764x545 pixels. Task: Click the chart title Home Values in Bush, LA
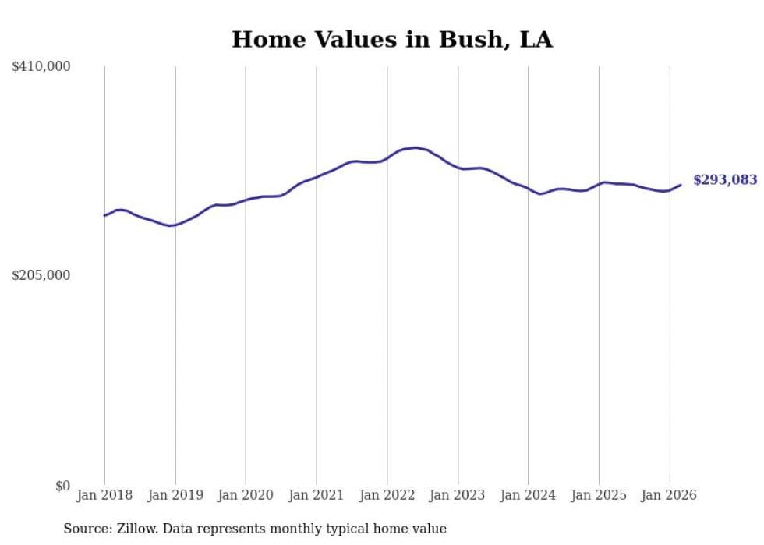(x=392, y=40)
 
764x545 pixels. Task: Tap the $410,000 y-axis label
(x=41, y=67)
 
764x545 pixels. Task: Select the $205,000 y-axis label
(x=41, y=275)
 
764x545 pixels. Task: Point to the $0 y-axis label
(x=62, y=486)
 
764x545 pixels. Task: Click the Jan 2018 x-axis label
(x=104, y=495)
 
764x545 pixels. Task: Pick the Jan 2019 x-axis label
(x=175, y=495)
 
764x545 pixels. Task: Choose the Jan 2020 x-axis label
(x=246, y=495)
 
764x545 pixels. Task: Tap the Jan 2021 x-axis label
(x=317, y=495)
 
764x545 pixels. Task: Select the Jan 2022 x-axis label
(x=387, y=495)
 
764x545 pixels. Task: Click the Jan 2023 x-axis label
(x=458, y=495)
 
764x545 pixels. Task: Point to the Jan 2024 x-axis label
(x=528, y=495)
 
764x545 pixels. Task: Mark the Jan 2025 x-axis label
(x=599, y=495)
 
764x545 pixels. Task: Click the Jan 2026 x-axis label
(x=669, y=495)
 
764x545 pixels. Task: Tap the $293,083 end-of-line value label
(x=725, y=180)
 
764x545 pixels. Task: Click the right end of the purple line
(x=681, y=185)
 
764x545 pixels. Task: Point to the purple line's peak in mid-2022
(x=416, y=147)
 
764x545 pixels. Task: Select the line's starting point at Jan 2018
(x=104, y=215)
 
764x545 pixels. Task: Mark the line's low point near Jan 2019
(x=171, y=225)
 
